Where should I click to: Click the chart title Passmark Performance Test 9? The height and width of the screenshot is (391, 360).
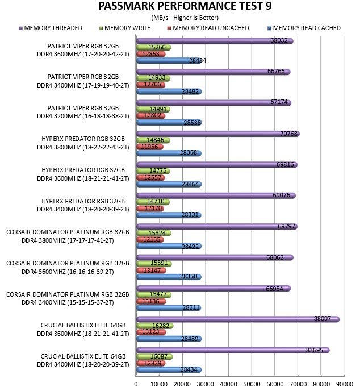click(185, 6)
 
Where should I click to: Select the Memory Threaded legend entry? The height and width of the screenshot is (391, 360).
click(51, 28)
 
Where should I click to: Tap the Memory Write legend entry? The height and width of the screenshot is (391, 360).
click(125, 28)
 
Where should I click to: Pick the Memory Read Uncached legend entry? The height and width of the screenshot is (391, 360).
click(208, 28)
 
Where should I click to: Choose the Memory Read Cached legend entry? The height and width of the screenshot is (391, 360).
click(304, 28)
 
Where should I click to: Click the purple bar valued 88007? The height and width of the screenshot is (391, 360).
click(238, 319)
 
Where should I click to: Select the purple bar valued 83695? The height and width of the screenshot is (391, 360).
click(233, 350)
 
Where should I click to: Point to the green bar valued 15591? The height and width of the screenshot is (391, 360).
click(154, 264)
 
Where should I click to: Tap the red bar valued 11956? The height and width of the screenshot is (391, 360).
click(150, 147)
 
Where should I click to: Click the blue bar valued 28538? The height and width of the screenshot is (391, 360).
click(169, 123)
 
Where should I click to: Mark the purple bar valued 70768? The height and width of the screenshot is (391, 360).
click(218, 134)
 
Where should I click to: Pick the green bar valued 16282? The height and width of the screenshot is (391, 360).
click(154, 326)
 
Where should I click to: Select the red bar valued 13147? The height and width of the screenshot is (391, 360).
click(151, 271)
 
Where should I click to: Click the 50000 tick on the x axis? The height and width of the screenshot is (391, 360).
click(252, 384)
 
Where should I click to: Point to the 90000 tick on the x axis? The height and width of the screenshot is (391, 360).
click(345, 384)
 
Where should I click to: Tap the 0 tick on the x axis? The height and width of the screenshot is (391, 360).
click(136, 384)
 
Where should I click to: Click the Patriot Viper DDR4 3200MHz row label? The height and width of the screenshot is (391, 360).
click(83, 112)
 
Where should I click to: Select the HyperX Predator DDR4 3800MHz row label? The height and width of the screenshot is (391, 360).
click(83, 143)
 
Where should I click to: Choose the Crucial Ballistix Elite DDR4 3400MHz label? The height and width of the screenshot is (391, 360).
click(83, 360)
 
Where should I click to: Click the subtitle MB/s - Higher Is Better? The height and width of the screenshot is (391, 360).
click(185, 18)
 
